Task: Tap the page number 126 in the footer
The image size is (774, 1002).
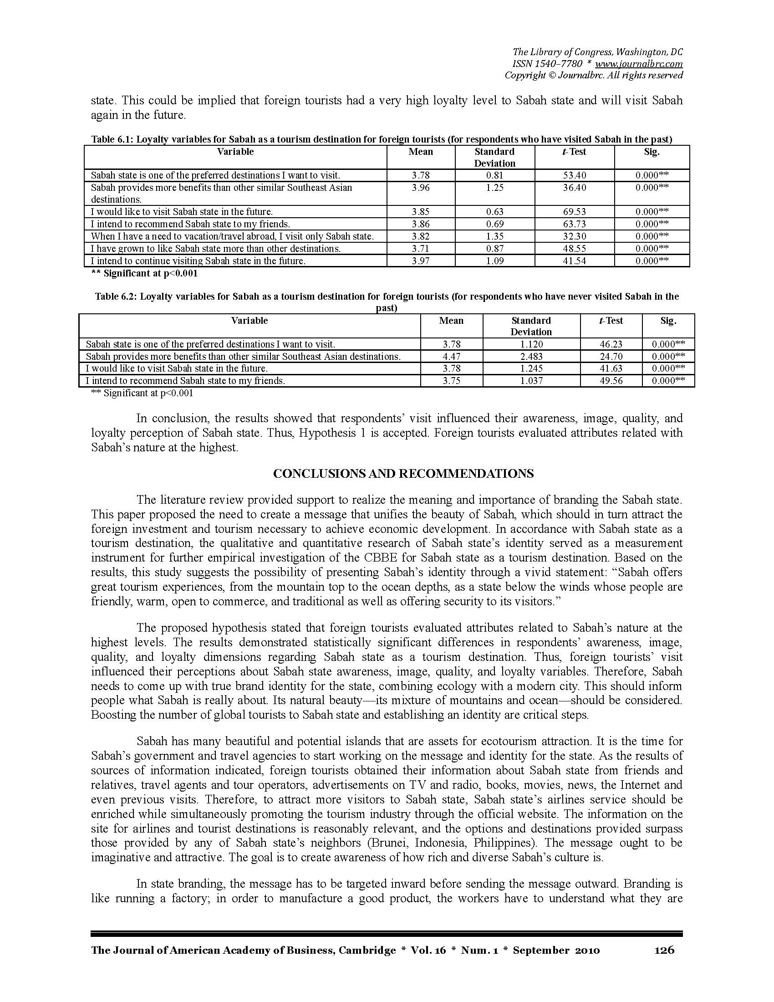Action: click(x=664, y=950)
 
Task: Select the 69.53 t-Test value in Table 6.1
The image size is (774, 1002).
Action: click(x=575, y=212)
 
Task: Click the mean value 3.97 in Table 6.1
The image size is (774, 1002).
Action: click(x=421, y=261)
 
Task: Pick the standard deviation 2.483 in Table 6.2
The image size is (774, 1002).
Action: click(x=531, y=357)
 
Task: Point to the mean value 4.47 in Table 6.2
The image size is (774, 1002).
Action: click(x=452, y=357)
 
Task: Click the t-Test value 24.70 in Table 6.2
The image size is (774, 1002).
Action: click(x=611, y=357)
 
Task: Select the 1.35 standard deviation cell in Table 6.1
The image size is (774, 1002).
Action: click(x=495, y=236)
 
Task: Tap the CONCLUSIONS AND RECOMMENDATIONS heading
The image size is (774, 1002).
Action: click(x=403, y=474)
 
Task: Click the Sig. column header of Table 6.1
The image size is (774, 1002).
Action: click(x=652, y=152)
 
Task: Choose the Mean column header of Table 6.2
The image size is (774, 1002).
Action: click(x=451, y=321)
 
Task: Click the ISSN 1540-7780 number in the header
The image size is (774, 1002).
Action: click(x=547, y=64)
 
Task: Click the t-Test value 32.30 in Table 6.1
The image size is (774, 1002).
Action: click(x=575, y=236)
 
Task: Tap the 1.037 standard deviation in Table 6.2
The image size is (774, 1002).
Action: click(x=531, y=381)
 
